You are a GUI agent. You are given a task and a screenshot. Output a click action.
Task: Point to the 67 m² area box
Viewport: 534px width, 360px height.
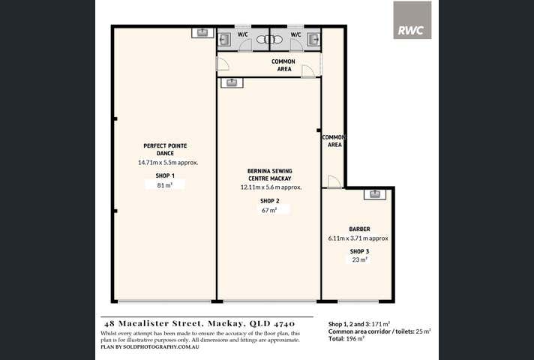pos(268,211)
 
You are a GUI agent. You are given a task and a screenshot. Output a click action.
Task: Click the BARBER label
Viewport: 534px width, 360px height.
pos(358,229)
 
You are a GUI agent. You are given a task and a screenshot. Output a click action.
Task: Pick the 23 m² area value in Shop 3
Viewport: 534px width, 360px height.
pos(359,259)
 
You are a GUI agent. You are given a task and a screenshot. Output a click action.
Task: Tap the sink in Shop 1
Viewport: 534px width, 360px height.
pos(202,33)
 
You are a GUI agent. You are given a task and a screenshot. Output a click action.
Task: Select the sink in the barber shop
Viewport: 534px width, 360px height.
pos(375,194)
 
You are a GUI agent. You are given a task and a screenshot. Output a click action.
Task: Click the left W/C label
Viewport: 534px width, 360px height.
pos(243,34)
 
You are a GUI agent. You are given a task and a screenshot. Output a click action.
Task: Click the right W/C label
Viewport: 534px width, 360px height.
pos(295,34)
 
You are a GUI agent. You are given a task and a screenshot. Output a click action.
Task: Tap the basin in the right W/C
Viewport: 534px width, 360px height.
pos(313,39)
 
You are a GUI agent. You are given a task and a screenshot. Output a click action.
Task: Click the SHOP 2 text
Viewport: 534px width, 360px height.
pos(269,201)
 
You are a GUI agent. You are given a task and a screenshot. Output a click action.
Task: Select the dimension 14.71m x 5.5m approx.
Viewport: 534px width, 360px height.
pos(167,162)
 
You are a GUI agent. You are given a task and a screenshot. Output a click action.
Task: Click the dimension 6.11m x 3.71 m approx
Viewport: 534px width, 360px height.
pos(358,238)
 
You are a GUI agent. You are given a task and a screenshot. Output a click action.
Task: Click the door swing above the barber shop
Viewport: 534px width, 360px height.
pos(334,181)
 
